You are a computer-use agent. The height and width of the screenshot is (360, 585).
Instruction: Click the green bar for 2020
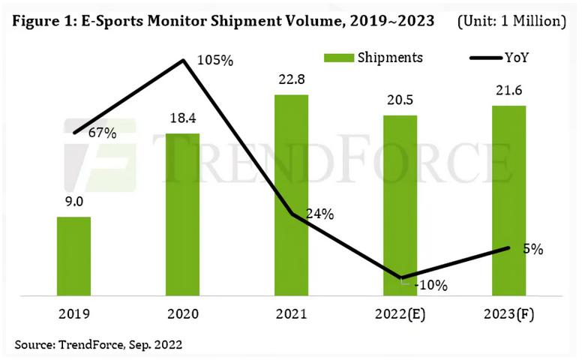coord(182,213)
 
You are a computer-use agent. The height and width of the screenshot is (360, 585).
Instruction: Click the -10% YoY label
coord(432,285)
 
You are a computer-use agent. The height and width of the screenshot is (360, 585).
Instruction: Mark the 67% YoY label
coord(102,133)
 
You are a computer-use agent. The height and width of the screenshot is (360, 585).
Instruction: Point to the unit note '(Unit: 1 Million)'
coord(511,20)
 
